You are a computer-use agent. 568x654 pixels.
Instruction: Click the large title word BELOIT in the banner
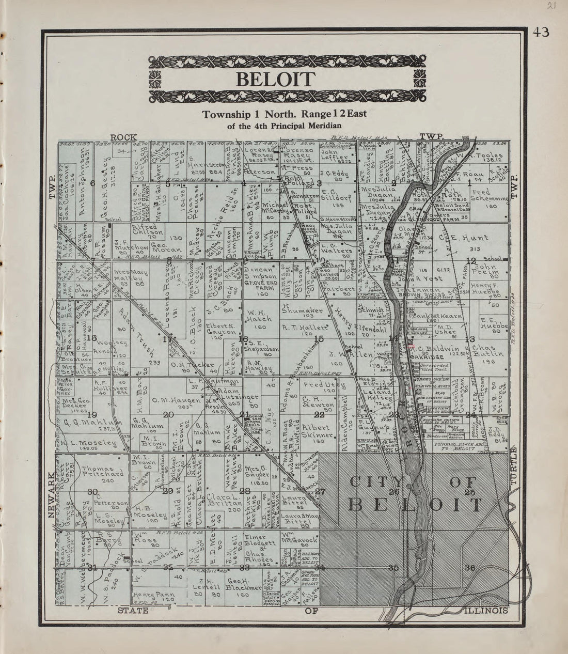(x=275, y=80)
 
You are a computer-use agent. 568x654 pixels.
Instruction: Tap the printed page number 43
(x=541, y=33)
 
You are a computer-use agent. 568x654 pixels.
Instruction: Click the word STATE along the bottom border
(x=134, y=611)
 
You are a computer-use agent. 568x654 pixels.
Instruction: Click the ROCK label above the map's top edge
(x=123, y=137)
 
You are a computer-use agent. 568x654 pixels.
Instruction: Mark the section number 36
(x=469, y=568)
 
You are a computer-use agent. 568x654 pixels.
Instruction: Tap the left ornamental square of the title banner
(x=155, y=80)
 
